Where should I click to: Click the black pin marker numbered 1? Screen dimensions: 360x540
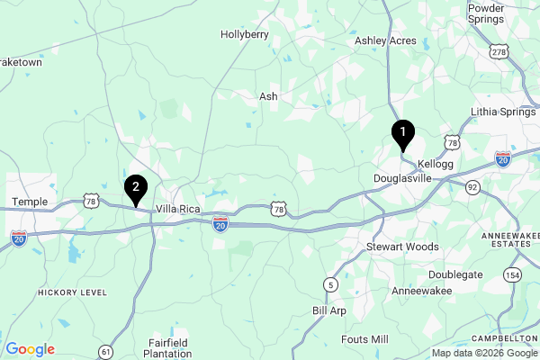click(x=403, y=134)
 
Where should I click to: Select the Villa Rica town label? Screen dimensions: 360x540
click(x=178, y=209)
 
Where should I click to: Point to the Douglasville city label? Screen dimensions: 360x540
click(x=402, y=178)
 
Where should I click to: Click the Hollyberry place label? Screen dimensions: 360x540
click(x=245, y=34)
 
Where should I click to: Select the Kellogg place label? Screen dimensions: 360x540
click(x=436, y=164)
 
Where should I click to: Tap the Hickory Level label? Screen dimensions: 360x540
click(x=72, y=292)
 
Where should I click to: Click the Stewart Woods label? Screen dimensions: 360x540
click(x=402, y=247)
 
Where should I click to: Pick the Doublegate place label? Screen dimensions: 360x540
click(x=454, y=274)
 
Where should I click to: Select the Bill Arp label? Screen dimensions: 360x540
click(x=328, y=310)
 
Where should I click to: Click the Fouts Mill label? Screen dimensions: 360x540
click(x=364, y=339)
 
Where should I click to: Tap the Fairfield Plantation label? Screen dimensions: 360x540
click(x=166, y=347)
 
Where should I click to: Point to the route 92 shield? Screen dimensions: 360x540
click(x=472, y=186)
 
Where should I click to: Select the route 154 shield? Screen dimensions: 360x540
click(x=512, y=275)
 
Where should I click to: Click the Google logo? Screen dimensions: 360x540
click(x=30, y=349)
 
